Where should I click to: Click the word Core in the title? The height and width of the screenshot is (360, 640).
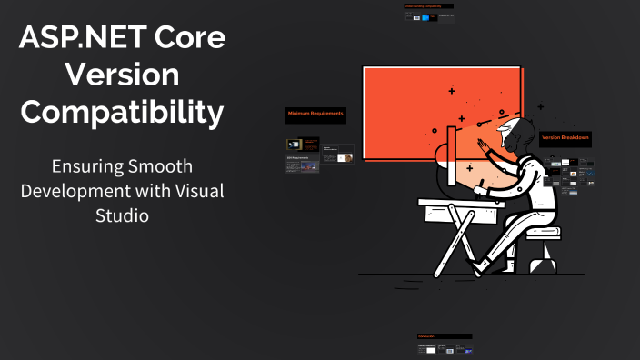[x=189, y=39]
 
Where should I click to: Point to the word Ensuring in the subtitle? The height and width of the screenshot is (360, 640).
[x=89, y=169]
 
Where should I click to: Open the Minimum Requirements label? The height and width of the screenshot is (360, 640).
[x=315, y=114]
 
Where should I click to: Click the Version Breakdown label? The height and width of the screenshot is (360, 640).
[x=565, y=138]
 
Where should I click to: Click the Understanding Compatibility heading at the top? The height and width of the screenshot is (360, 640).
[x=428, y=6]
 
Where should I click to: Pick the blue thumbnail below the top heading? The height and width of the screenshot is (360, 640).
[x=416, y=17]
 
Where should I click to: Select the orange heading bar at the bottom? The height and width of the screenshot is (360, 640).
[x=444, y=336]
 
